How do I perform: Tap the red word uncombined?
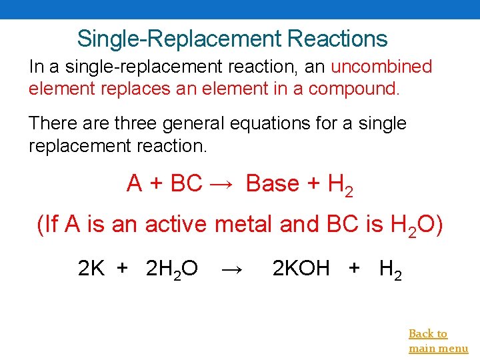pyautogui.click(x=381, y=67)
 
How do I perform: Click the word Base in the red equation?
pyautogui.click(x=273, y=183)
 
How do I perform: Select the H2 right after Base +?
pyautogui.click(x=341, y=185)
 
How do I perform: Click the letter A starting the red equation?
pyautogui.click(x=134, y=183)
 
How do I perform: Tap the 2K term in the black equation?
pyautogui.click(x=91, y=269)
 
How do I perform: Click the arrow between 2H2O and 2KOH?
pyautogui.click(x=232, y=269)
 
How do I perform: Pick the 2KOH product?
pyautogui.click(x=301, y=269)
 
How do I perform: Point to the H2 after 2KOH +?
pyautogui.click(x=390, y=270)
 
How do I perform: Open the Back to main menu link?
pyautogui.click(x=438, y=341)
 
